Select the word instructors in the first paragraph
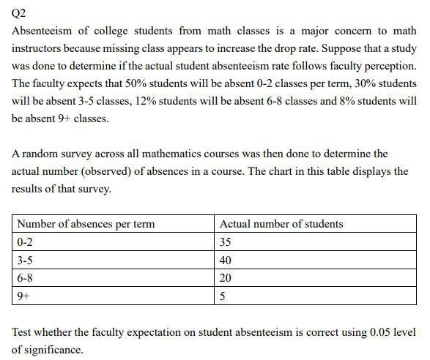(x=37, y=48)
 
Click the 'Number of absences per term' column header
(x=86, y=224)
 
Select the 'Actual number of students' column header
(x=281, y=224)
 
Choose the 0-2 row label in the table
(x=26, y=242)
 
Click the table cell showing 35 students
(x=226, y=242)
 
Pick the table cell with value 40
(x=226, y=260)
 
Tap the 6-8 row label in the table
(x=26, y=278)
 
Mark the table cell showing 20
(x=226, y=278)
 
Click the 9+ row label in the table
(x=24, y=296)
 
